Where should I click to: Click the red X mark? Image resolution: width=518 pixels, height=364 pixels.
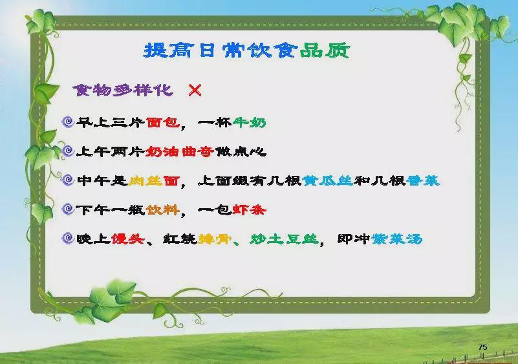coord(195,90)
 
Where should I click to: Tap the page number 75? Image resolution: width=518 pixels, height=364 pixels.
coord(482,347)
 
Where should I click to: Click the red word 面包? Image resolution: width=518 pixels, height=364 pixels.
coord(163,123)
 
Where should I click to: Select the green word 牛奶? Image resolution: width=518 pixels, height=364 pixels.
coord(249,123)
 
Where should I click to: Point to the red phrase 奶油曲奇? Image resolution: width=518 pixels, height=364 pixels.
coord(179,151)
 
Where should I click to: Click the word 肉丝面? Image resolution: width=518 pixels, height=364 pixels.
coord(154,180)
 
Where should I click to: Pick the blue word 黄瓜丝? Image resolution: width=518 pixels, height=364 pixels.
coord(328,180)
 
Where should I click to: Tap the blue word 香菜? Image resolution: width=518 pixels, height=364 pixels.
coord(423,180)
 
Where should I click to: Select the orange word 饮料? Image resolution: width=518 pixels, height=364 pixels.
coord(163,209)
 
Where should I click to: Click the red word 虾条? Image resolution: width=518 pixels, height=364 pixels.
coord(249,209)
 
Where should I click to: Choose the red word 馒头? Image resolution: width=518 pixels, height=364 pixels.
coord(127,239)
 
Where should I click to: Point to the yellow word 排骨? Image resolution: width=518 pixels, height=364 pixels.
coord(215,239)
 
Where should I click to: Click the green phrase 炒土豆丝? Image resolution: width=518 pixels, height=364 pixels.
coord(284,239)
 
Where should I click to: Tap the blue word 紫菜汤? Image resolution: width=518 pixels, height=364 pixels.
coord(397,239)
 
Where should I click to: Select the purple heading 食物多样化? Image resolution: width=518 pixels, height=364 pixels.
coord(123,90)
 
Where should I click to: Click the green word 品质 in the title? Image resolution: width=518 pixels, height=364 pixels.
coord(325,50)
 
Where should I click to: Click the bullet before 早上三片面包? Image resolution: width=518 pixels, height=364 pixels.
coord(68,122)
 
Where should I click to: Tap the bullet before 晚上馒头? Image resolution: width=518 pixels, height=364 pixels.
coord(68,238)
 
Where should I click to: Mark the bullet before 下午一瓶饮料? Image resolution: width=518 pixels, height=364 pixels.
coord(68,209)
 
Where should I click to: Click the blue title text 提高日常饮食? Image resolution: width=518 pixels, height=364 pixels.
coord(221,50)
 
